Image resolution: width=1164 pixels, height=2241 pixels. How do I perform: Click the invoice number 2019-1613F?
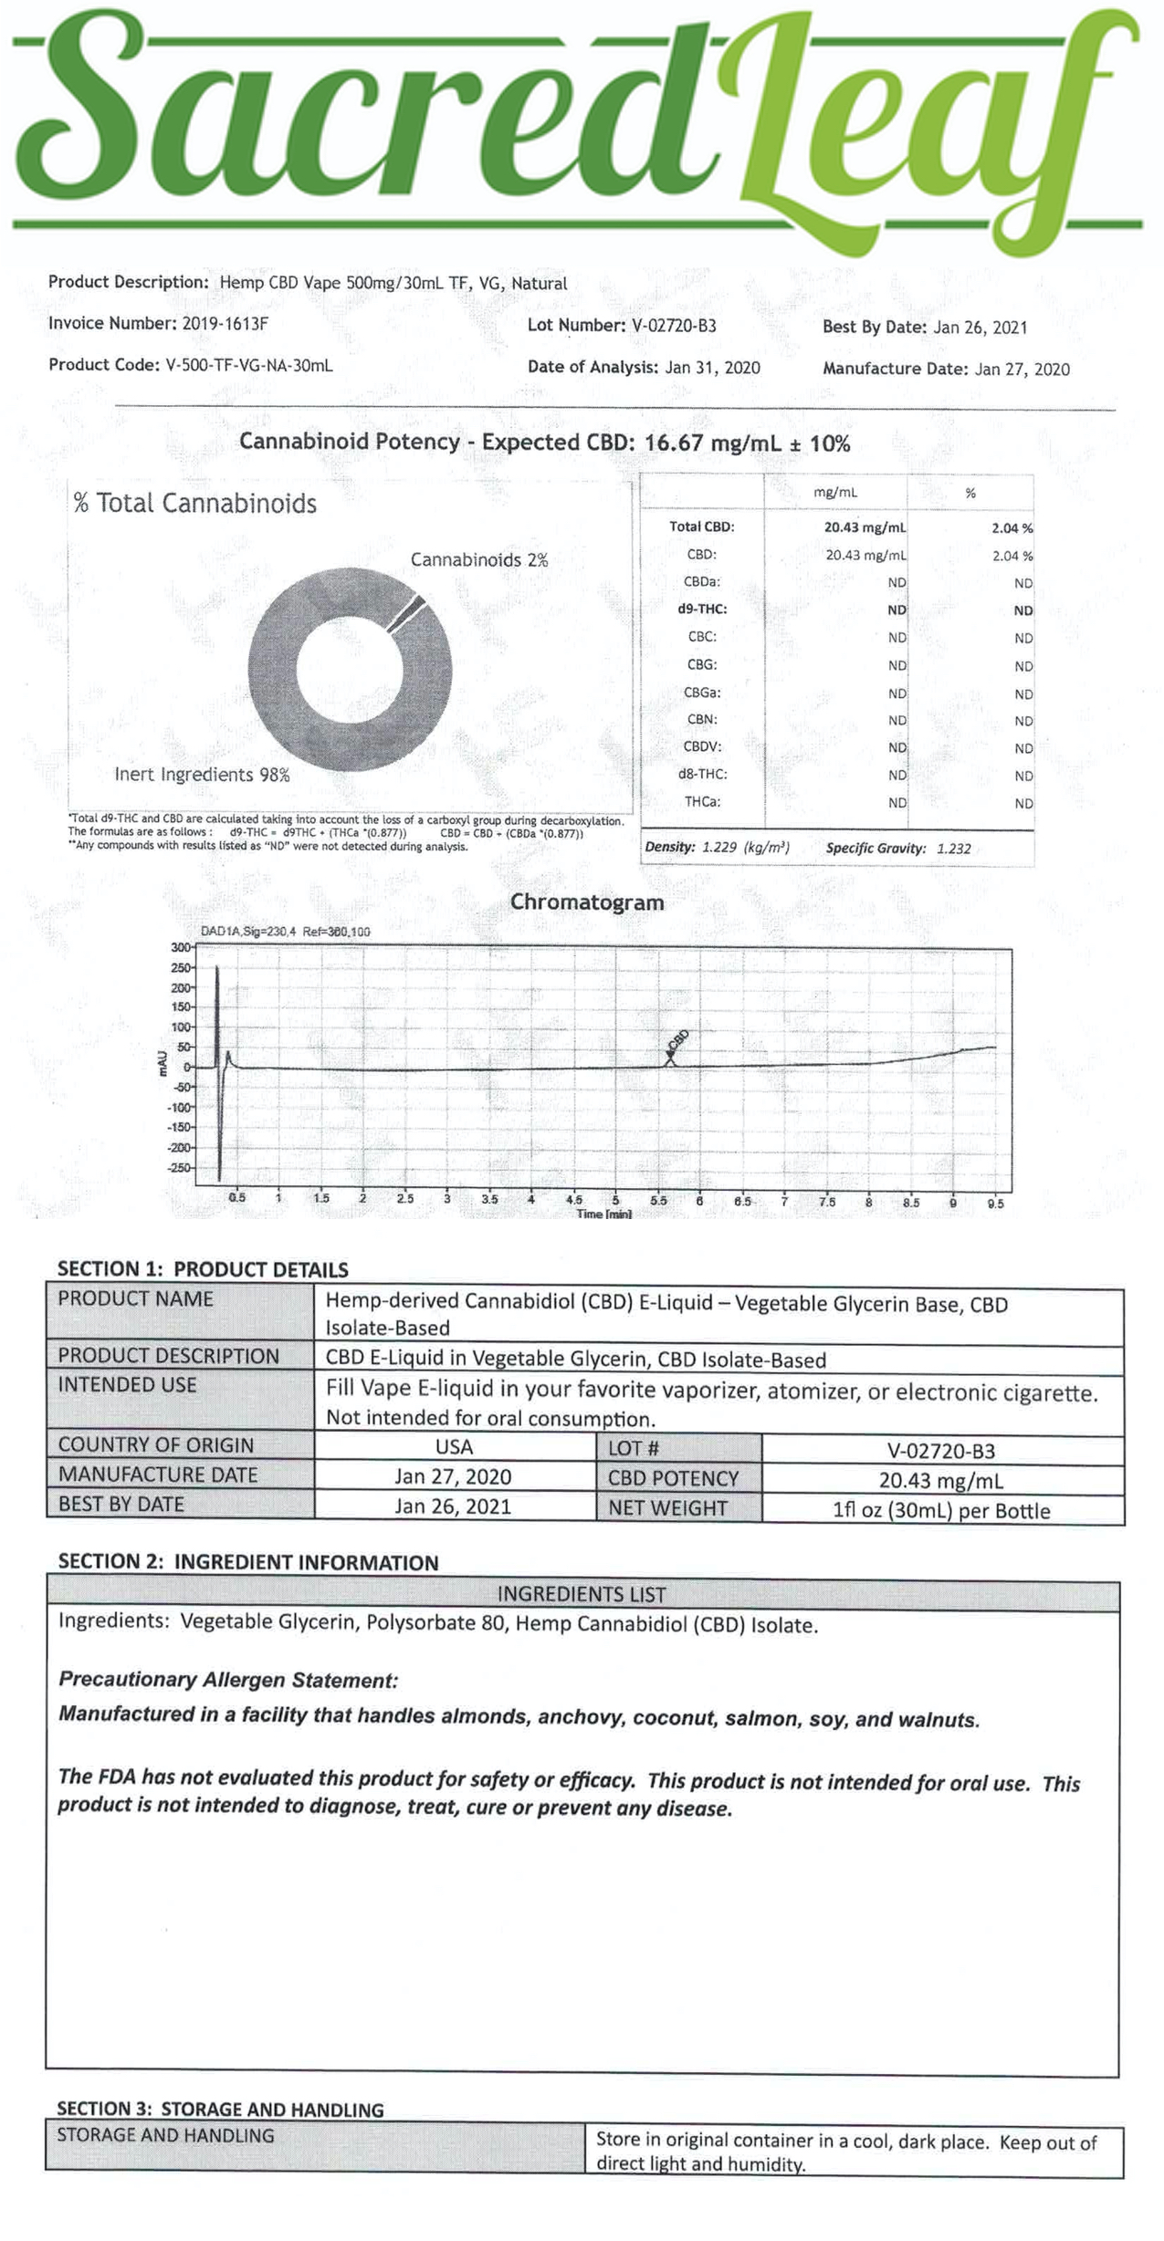(x=225, y=323)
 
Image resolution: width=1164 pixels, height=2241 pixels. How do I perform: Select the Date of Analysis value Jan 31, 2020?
(x=712, y=368)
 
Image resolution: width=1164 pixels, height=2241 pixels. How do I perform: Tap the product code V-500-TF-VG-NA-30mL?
(x=248, y=365)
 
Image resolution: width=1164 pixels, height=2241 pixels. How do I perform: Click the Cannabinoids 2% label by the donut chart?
(x=478, y=559)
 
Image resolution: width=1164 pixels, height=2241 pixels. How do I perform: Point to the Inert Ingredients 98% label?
(x=202, y=775)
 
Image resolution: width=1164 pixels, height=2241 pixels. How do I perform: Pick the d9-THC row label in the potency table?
(x=702, y=609)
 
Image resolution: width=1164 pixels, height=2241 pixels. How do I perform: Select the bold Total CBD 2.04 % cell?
(x=1012, y=527)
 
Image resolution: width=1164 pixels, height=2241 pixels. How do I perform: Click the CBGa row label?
(x=702, y=693)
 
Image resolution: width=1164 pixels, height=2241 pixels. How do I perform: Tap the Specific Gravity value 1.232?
(x=953, y=849)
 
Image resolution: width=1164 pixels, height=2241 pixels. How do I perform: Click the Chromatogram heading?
(x=587, y=902)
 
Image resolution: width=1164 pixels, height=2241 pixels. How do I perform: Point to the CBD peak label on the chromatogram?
(x=678, y=1041)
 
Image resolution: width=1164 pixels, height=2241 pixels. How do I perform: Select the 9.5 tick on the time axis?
(x=995, y=1204)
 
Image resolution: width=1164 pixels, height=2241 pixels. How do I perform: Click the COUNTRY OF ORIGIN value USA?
(x=454, y=1447)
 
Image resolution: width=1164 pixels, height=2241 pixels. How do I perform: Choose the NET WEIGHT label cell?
(x=667, y=1508)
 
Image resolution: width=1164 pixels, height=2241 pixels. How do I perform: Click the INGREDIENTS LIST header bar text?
(x=582, y=1594)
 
